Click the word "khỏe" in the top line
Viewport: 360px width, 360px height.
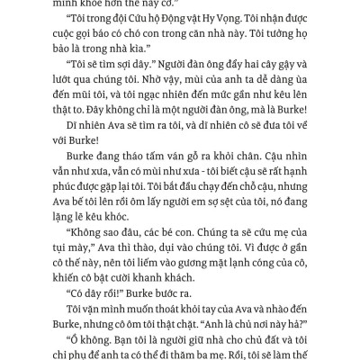(111, 5)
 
